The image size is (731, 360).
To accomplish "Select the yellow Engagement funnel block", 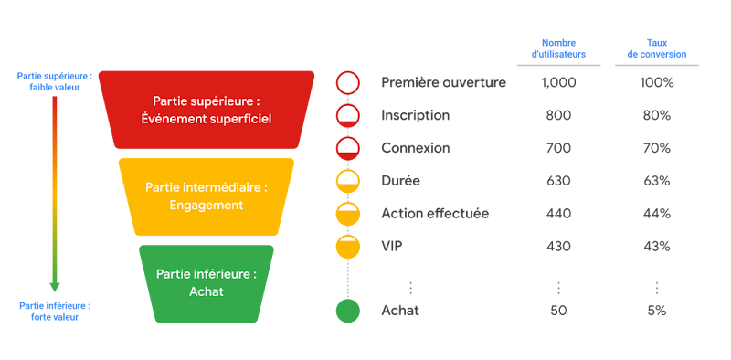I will (x=207, y=196).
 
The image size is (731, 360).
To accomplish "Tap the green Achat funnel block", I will (x=207, y=282).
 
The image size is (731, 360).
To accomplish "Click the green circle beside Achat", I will (x=348, y=311).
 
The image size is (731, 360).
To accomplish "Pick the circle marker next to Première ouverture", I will (x=348, y=83).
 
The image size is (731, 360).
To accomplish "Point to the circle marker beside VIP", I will (x=348, y=246).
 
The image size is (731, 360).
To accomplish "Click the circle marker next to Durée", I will (x=348, y=181).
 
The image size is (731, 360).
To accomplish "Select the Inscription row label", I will (x=415, y=116).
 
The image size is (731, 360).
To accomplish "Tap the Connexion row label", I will (x=416, y=148).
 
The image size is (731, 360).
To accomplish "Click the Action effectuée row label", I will (x=435, y=213).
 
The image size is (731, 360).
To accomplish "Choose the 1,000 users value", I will (x=558, y=83).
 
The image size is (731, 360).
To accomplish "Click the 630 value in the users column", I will (x=558, y=181).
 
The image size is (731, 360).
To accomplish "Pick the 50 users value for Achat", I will (x=558, y=311).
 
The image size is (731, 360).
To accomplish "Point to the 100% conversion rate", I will (x=656, y=83).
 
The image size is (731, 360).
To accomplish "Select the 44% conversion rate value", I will (x=656, y=213).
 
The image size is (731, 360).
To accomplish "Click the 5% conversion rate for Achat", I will (x=656, y=311).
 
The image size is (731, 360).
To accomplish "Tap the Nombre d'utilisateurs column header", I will (x=558, y=48).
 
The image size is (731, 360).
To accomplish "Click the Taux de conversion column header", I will (x=656, y=48).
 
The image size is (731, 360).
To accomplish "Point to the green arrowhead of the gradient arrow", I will (x=55, y=285).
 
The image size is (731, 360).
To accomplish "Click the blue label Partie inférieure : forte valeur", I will (x=55, y=311).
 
